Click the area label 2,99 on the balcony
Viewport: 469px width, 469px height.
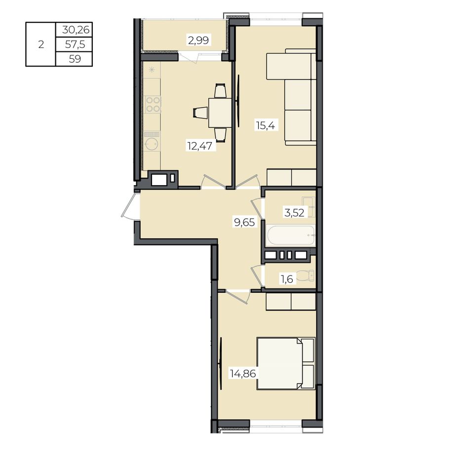[x=198, y=40]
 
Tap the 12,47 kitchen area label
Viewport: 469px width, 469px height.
[x=199, y=146]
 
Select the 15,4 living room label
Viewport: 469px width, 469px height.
[x=265, y=125]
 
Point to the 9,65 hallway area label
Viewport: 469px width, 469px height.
[x=244, y=222]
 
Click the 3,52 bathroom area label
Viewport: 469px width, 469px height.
[x=294, y=213]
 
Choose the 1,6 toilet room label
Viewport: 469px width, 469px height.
[x=287, y=279]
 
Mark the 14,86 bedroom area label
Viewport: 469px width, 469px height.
[x=243, y=374]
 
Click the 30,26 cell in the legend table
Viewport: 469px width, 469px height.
[x=76, y=30]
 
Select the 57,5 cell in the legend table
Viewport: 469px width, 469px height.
[x=75, y=44]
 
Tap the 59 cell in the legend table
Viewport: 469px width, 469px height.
[x=75, y=59]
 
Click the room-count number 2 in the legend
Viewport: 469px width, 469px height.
[x=41, y=44]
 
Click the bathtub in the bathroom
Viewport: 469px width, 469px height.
[x=290, y=235]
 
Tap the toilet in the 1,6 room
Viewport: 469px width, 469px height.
[x=306, y=275]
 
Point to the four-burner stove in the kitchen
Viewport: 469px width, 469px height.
[x=153, y=105]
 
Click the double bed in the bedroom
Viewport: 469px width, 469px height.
[x=286, y=363]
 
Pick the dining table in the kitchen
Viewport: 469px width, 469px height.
[x=220, y=113]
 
